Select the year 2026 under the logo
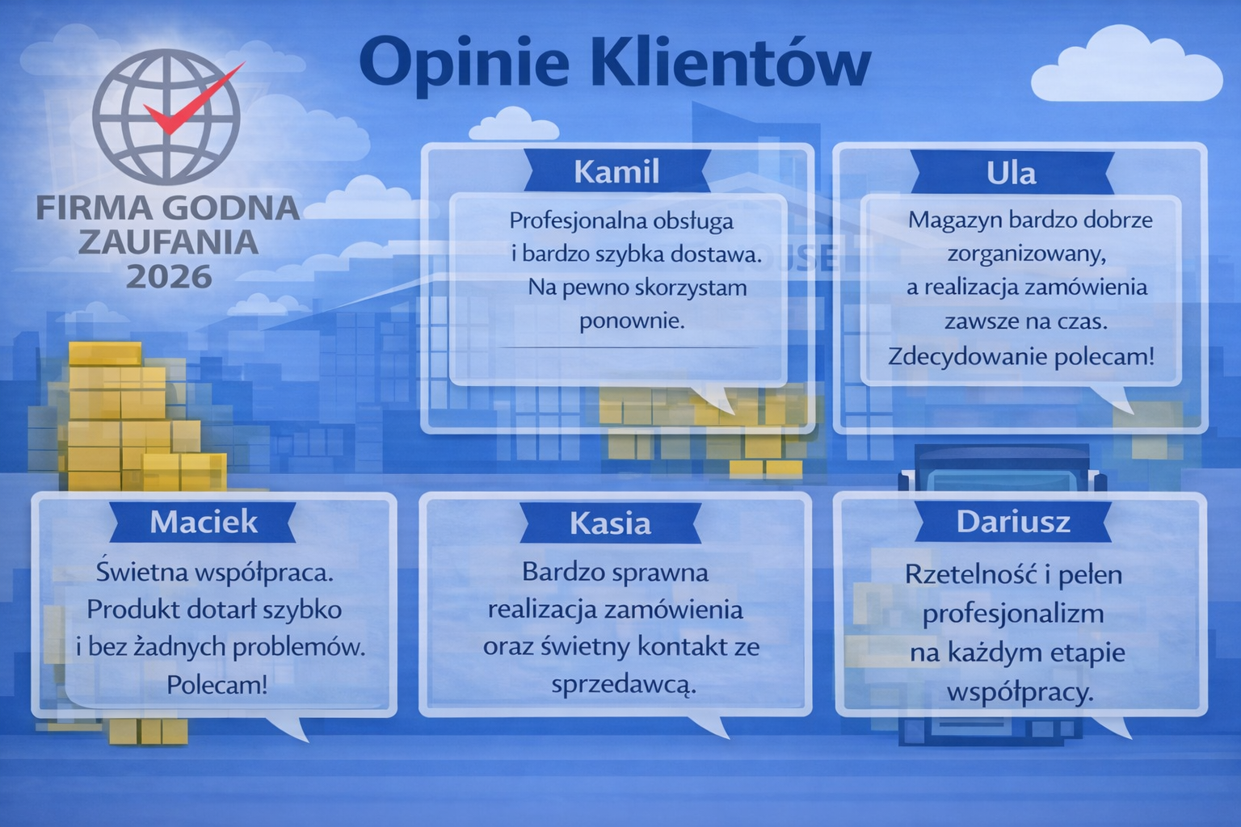pyautogui.click(x=169, y=276)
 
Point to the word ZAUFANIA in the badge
pyautogui.click(x=168, y=242)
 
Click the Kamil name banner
pyautogui.click(x=616, y=171)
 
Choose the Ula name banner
pyautogui.click(x=1012, y=173)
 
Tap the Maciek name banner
pyautogui.click(x=203, y=522)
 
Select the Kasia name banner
pyautogui.click(x=611, y=523)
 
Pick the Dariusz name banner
pyautogui.click(x=1013, y=522)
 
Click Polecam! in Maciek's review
pyautogui.click(x=217, y=685)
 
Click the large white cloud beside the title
pyautogui.click(x=1126, y=65)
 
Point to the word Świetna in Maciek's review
pyautogui.click(x=142, y=572)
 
